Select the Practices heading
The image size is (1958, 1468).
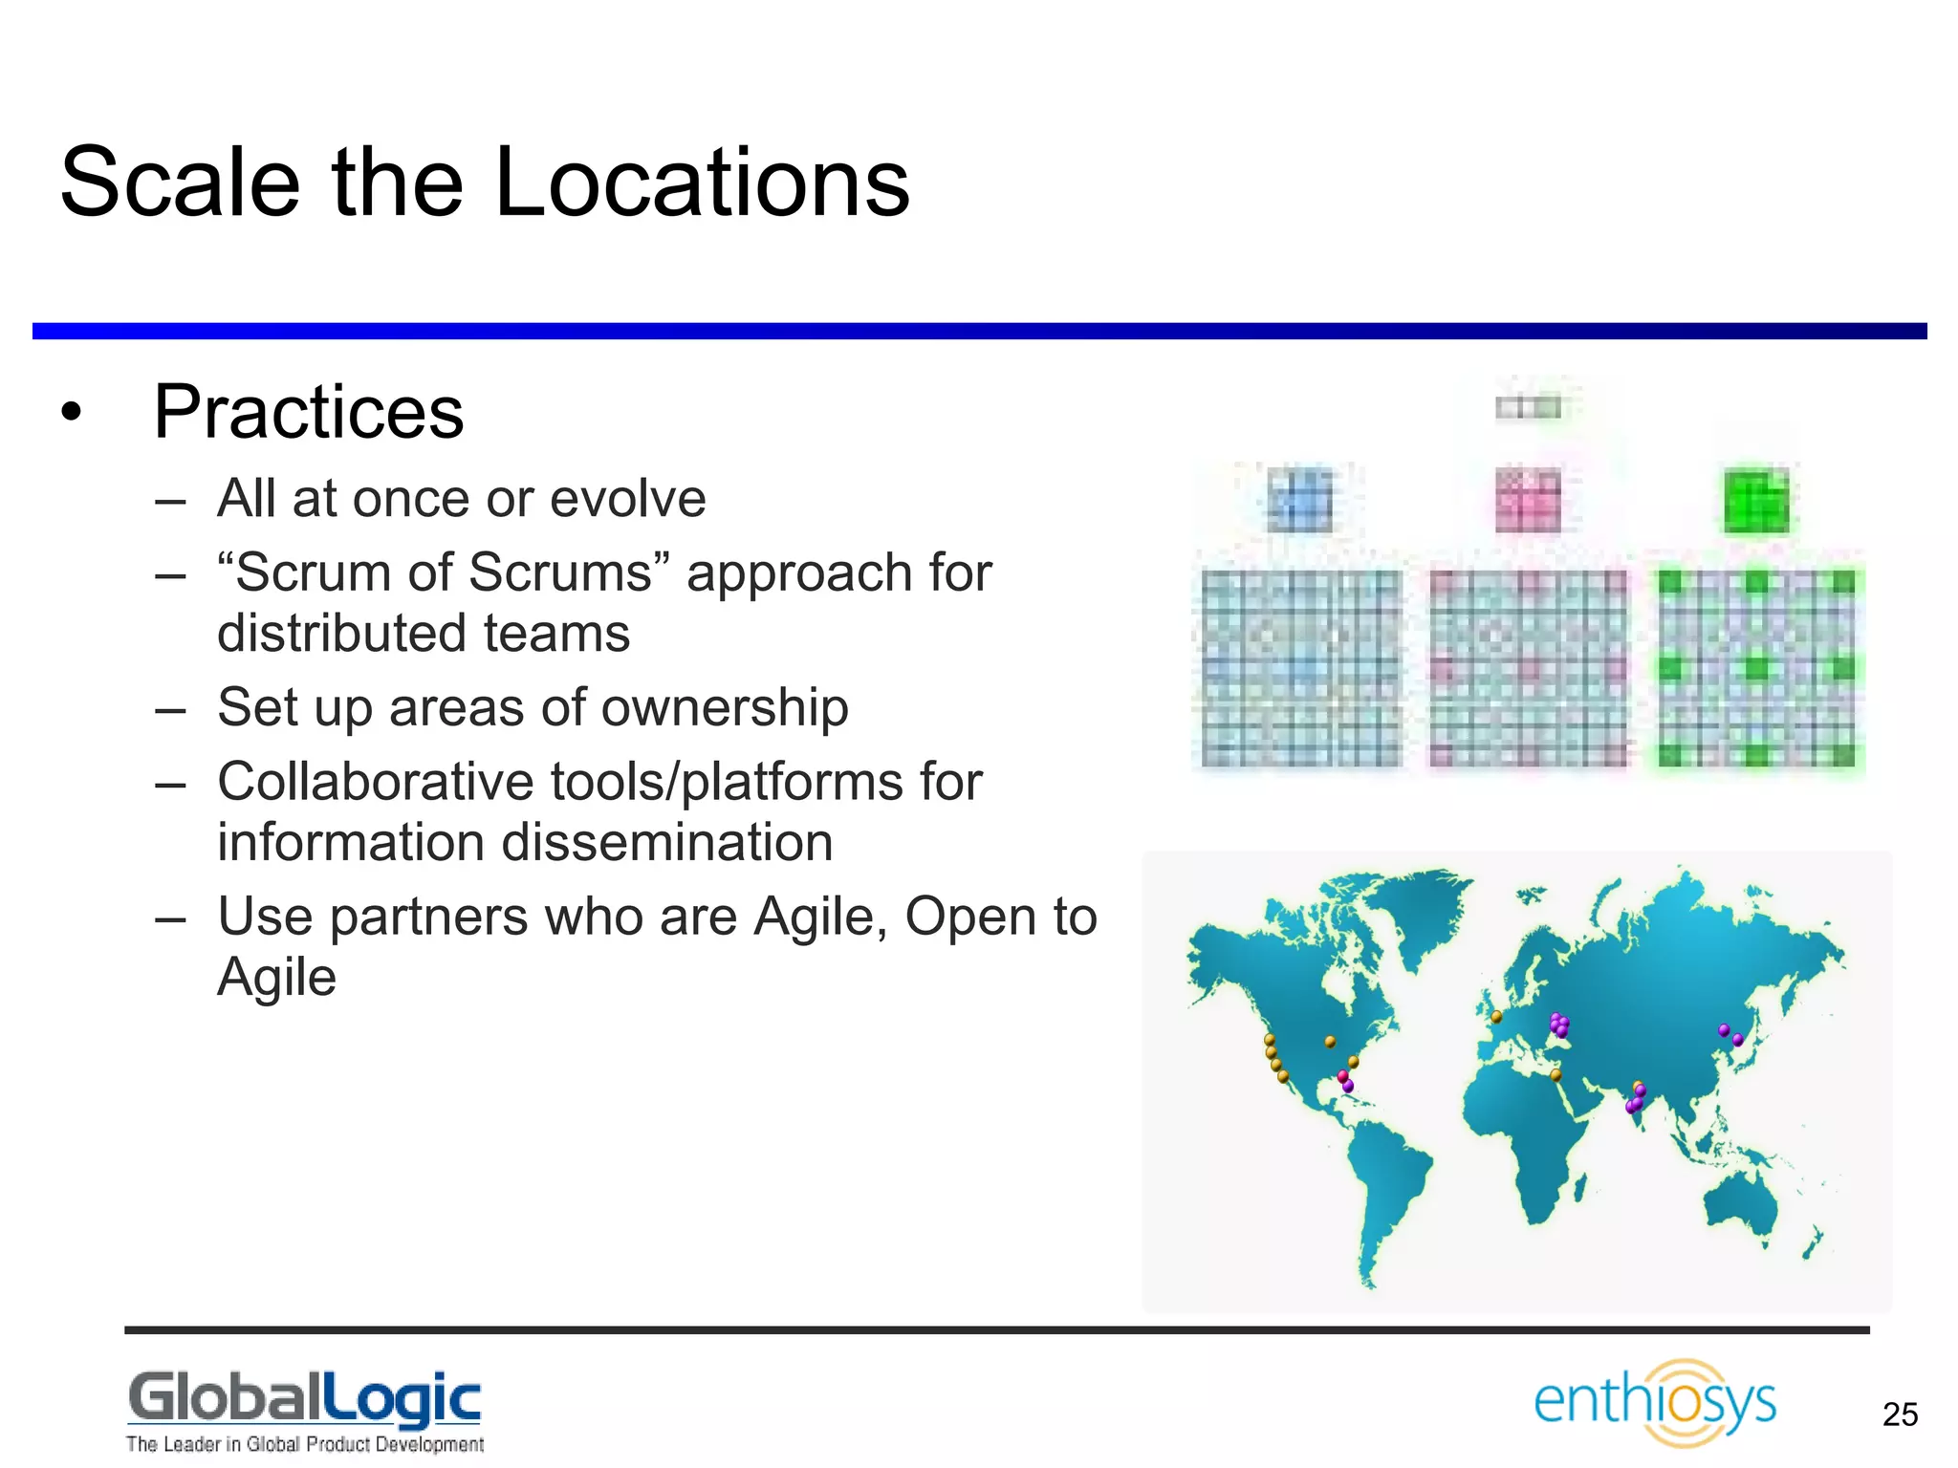point(308,412)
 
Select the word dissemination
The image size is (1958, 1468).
point(666,843)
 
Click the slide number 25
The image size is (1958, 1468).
point(1900,1414)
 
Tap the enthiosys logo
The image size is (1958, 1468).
point(1654,1402)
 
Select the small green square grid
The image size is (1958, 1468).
point(1755,501)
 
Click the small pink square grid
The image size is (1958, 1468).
point(1527,501)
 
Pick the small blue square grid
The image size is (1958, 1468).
point(1299,501)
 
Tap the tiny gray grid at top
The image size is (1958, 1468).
point(1527,408)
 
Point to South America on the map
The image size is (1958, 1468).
point(1386,1185)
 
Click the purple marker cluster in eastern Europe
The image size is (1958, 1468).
point(1559,1025)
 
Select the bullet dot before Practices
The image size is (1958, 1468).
point(71,413)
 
